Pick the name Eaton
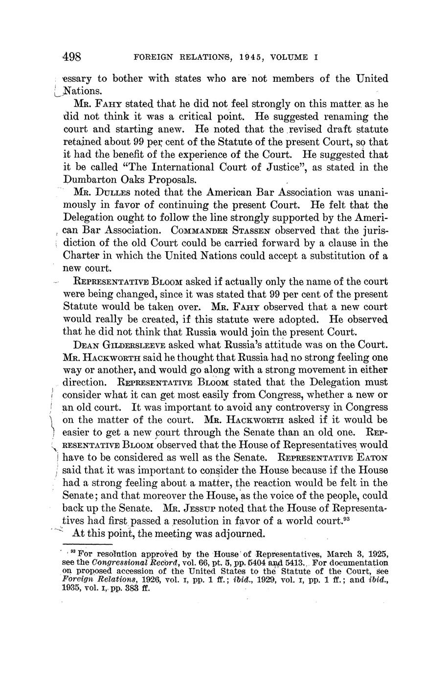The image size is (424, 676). coord(373,458)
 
